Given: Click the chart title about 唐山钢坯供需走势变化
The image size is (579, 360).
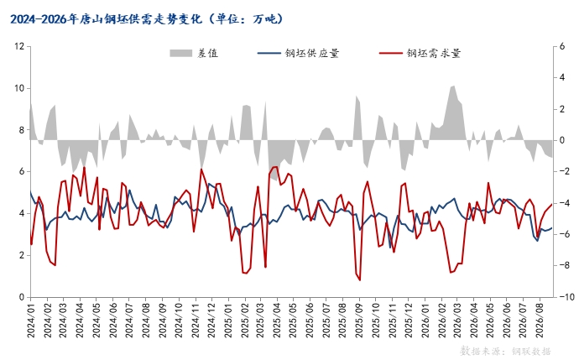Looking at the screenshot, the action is pyautogui.click(x=147, y=19).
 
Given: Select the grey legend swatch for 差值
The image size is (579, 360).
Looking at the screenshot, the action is pyautogui.click(x=180, y=53).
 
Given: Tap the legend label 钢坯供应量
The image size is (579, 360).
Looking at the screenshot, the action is pyautogui.click(x=312, y=53).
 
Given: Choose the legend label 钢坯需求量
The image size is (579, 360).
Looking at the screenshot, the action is pyautogui.click(x=434, y=53).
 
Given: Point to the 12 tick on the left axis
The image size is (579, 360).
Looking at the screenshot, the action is pyautogui.click(x=19, y=46).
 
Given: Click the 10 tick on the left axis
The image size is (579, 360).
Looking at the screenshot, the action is pyautogui.click(x=19, y=88).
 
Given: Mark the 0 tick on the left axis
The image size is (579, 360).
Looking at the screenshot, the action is pyautogui.click(x=22, y=297).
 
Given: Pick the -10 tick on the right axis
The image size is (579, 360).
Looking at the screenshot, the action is pyautogui.click(x=566, y=297).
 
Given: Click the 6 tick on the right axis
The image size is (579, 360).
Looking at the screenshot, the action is pyautogui.click(x=562, y=46).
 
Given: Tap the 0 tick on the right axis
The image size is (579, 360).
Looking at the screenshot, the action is pyautogui.click(x=562, y=140).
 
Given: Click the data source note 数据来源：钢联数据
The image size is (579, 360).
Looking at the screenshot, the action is pyautogui.click(x=505, y=351).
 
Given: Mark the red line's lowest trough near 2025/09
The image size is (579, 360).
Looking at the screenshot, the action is pyautogui.click(x=360, y=280).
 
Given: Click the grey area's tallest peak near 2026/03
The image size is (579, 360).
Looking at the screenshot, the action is pyautogui.click(x=453, y=86).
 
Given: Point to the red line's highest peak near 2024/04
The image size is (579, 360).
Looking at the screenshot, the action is pyautogui.click(x=85, y=167).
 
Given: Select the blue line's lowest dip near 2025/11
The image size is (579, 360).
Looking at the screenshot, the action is pyautogui.click(x=390, y=248).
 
